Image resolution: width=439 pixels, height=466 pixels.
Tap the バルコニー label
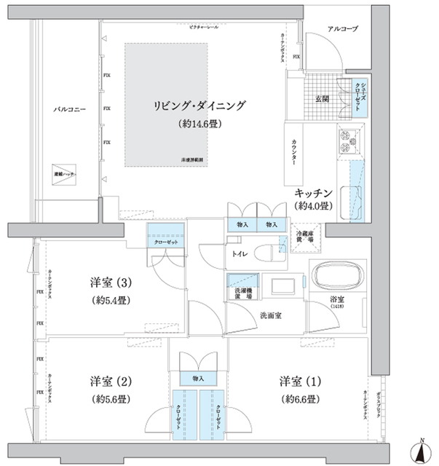coord(70,108)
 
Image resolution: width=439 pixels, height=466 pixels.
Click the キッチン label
coord(314,192)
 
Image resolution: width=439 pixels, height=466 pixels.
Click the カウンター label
coord(293,151)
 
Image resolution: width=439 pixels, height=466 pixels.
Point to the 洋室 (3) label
coord(111,283)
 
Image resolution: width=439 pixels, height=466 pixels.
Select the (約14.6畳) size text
coord(199,124)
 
